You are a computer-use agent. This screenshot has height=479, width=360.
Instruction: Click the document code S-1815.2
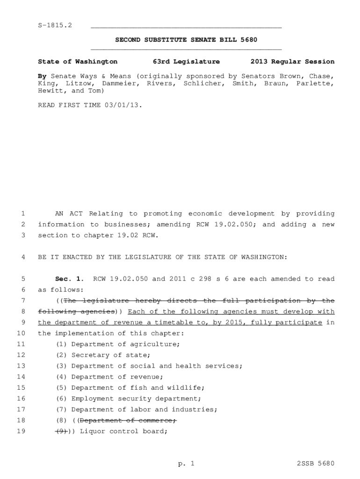point(55,25)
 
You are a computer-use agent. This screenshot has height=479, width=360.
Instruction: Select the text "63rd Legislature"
point(186,62)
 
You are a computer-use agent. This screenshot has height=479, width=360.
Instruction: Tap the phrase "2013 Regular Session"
point(292,62)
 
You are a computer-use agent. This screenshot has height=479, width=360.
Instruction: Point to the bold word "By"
point(42,76)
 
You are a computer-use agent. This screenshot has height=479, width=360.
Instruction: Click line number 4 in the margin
point(23,257)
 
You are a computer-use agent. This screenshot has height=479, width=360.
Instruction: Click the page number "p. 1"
point(186,464)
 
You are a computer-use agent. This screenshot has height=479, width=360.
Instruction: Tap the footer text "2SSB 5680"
point(316,464)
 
